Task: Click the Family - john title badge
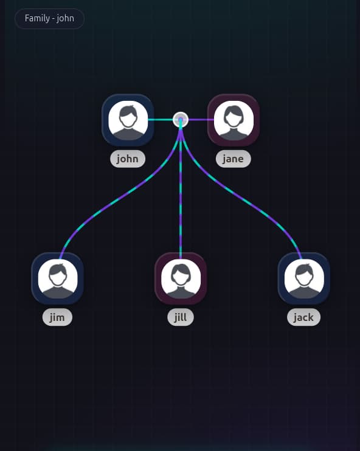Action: [x=49, y=19]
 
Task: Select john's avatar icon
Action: [x=128, y=120]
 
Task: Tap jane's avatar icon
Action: [x=234, y=120]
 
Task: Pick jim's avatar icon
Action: [x=58, y=279]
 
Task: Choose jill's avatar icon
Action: [x=181, y=279]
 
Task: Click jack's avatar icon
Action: [x=304, y=279]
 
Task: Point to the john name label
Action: [x=128, y=159]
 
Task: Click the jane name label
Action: [x=234, y=159]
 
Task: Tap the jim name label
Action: [x=57, y=317]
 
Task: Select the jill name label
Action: [x=181, y=317]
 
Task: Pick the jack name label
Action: [x=303, y=317]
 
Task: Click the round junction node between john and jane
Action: [x=181, y=120]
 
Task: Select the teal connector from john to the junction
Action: [x=161, y=120]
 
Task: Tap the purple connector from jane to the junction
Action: [x=201, y=120]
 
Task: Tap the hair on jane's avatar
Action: [x=234, y=112]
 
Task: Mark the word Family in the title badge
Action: [x=37, y=18]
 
